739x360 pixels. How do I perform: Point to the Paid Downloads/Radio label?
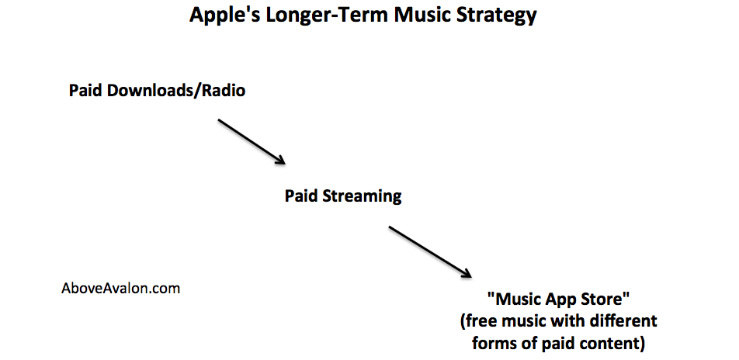[x=158, y=90]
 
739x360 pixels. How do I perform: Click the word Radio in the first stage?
[x=224, y=90]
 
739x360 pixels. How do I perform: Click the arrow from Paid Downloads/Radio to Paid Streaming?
[x=252, y=142]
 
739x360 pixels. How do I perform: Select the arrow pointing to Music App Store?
[x=430, y=251]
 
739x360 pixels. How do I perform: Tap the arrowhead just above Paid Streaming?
[x=280, y=160]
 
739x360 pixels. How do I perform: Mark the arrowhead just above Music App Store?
[x=466, y=273]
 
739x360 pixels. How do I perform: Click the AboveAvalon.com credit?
[x=120, y=288]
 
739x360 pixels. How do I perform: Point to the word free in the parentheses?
[x=478, y=321]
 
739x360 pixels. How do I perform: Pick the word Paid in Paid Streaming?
[x=301, y=196]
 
